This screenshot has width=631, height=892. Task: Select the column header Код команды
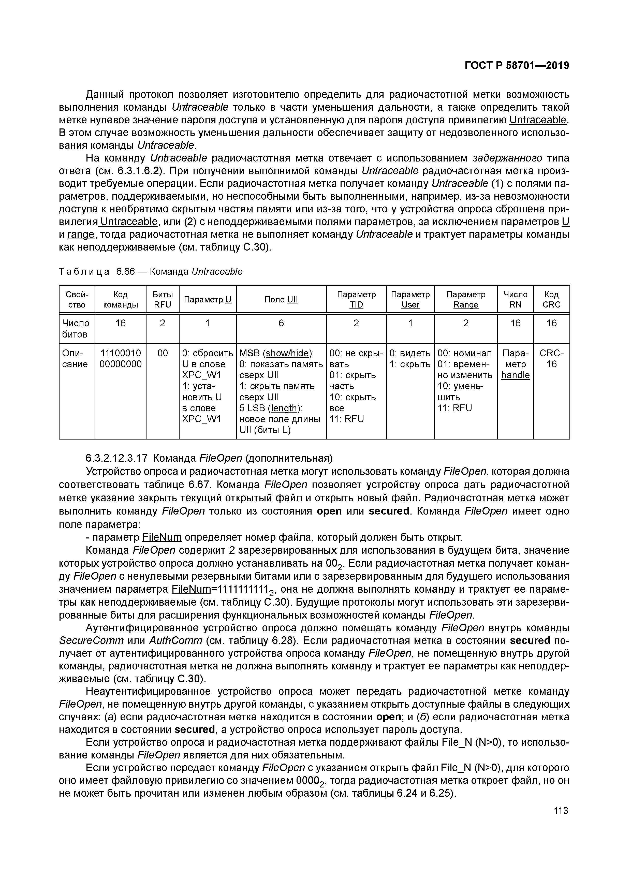pos(121,300)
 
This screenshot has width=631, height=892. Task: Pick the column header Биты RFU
pos(163,300)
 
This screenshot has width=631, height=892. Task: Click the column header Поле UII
pos(281,300)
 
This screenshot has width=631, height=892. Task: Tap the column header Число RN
pos(515,300)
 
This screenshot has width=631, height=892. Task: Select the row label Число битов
pos(76,329)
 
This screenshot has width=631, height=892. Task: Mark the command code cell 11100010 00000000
pos(121,359)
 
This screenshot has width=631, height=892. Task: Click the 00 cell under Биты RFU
pos(163,353)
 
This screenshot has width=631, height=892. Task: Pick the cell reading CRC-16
pos(551,359)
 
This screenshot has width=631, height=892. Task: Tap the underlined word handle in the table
pos(515,375)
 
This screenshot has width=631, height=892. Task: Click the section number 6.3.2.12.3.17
pos(116,458)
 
